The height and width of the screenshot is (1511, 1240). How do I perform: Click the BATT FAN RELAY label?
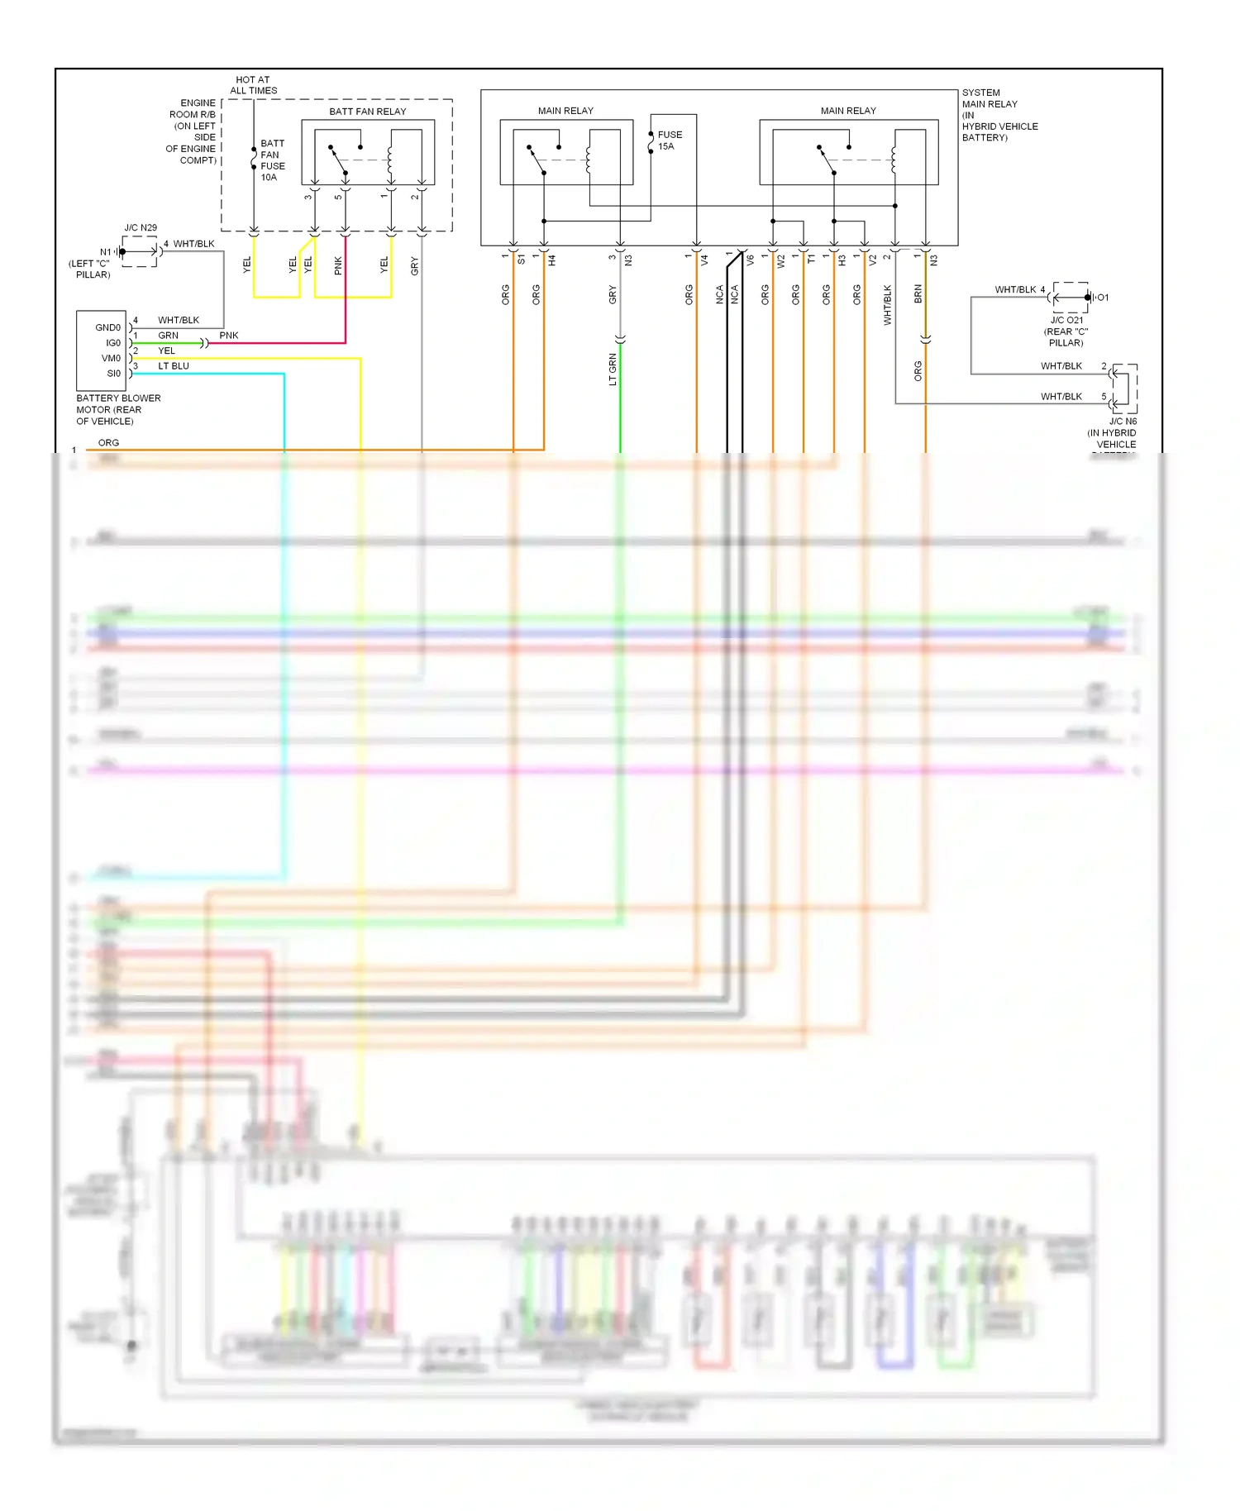(367, 112)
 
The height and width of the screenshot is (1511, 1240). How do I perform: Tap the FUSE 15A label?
(669, 141)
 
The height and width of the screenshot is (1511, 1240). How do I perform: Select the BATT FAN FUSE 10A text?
(272, 160)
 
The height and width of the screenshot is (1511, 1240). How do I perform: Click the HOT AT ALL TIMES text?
(253, 85)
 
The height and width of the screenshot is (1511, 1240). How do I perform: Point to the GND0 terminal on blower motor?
(107, 328)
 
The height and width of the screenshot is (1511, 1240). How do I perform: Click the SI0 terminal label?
(113, 374)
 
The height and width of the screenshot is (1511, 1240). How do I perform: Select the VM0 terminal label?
(111, 359)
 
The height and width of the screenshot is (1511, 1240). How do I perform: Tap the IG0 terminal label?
(112, 343)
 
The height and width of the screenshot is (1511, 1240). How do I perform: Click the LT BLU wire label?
(174, 366)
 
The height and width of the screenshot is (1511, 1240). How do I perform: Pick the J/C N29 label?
(141, 228)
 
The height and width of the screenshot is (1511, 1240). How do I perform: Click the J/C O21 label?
(1066, 320)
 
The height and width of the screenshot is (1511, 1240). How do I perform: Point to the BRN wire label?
(918, 294)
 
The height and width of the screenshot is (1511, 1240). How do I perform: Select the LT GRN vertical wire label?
(613, 369)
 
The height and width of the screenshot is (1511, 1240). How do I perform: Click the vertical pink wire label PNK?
(338, 265)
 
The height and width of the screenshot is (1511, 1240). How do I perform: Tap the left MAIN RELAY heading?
(565, 111)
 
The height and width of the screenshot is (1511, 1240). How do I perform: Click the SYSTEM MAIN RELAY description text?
(998, 115)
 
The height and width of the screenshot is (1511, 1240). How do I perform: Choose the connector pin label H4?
(551, 260)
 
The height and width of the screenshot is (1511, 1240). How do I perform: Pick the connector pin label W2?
(780, 260)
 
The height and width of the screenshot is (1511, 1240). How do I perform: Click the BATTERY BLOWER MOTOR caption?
(118, 410)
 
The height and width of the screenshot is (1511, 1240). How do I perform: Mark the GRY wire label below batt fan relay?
(414, 265)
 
